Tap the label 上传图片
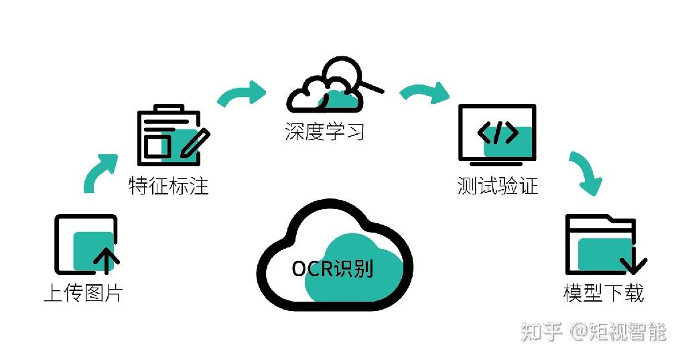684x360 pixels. tap(83, 293)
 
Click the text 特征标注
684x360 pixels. tap(169, 185)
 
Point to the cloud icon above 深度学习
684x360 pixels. tap(328, 91)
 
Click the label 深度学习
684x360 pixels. tap(325, 131)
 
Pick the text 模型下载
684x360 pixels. tap(604, 293)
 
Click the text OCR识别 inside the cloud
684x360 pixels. tap(333, 269)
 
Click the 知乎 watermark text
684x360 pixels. tap(541, 331)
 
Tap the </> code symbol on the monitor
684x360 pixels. tap(498, 133)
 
